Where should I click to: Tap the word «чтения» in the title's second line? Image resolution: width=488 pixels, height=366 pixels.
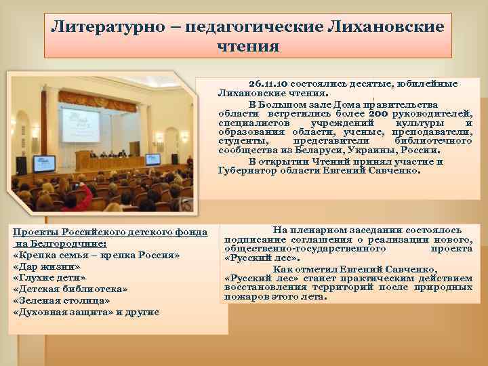(x=247, y=46)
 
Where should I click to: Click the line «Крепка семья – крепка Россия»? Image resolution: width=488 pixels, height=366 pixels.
(x=96, y=255)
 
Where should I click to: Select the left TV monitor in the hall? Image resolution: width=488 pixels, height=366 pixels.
(x=44, y=163)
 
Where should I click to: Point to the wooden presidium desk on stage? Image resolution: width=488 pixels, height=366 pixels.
(x=108, y=160)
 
